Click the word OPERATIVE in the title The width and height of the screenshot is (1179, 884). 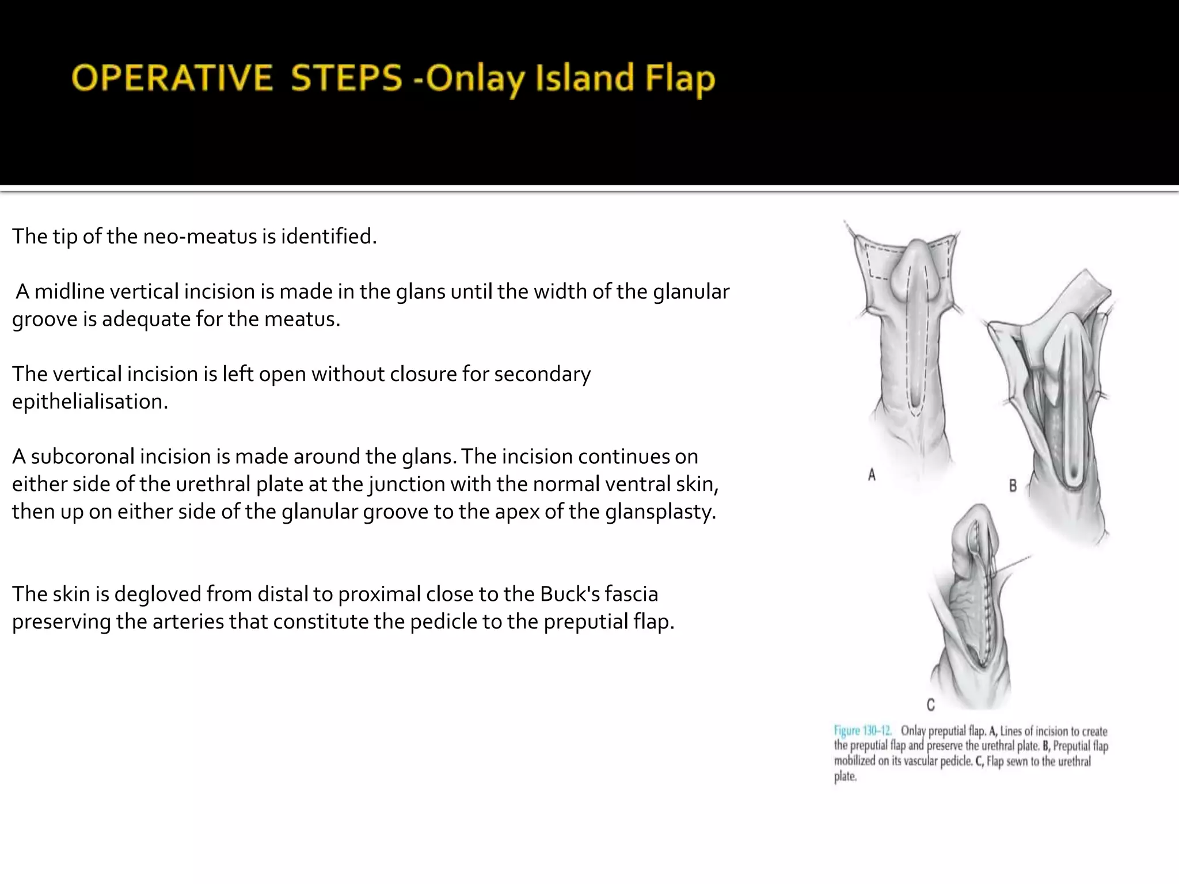(172, 79)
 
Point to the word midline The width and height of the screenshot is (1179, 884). (70, 292)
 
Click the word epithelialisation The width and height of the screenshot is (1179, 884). (90, 402)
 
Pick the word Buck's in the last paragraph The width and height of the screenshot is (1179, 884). (576, 594)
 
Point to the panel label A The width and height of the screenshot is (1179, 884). (872, 475)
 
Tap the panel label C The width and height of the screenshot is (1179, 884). (931, 704)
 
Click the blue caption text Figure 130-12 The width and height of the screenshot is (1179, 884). (863, 731)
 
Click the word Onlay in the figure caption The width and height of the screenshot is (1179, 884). (912, 731)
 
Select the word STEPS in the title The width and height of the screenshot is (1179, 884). (346, 79)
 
